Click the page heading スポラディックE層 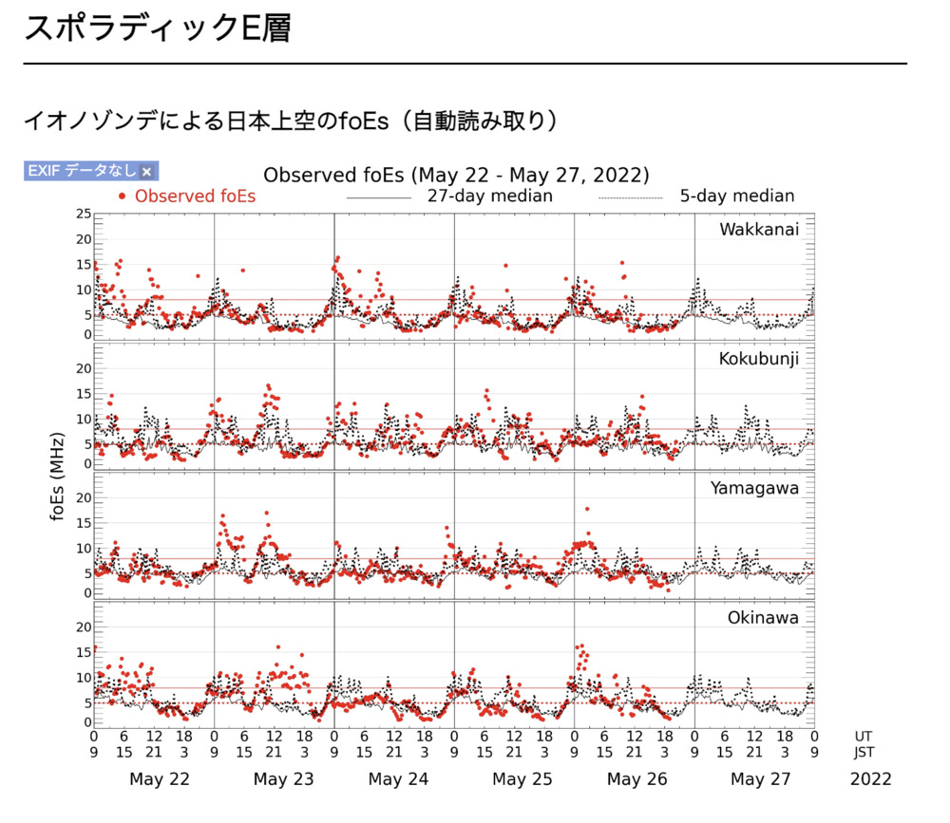(157, 28)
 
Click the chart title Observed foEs (456, 175)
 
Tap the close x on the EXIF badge (146, 172)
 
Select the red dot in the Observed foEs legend (122, 196)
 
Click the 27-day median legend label (489, 196)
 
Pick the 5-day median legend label (737, 196)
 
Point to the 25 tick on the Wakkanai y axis (84, 214)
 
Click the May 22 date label (159, 779)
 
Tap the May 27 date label (761, 779)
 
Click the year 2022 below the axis (870, 779)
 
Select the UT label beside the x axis (864, 736)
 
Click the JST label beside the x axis (864, 753)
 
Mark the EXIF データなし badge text (82, 172)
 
